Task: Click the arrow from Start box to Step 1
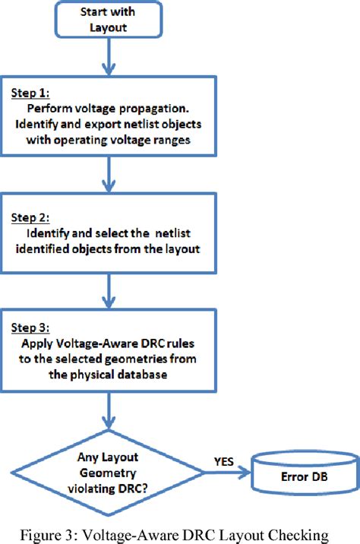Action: point(111,58)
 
